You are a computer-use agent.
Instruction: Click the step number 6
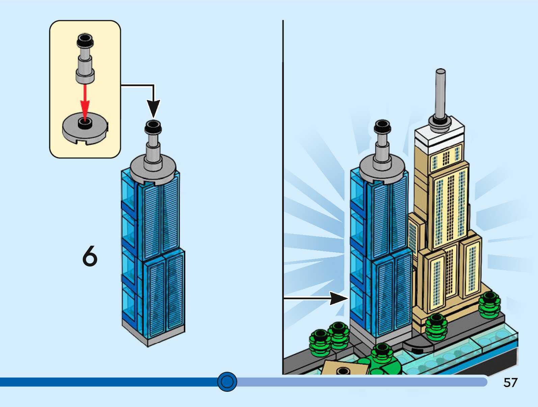(x=90, y=256)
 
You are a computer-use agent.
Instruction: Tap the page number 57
(x=510, y=382)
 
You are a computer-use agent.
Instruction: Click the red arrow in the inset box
(x=85, y=101)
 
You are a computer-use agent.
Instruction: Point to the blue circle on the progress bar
(x=227, y=382)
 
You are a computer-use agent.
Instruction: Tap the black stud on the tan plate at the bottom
(x=343, y=371)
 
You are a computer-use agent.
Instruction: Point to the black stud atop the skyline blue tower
(x=382, y=126)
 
